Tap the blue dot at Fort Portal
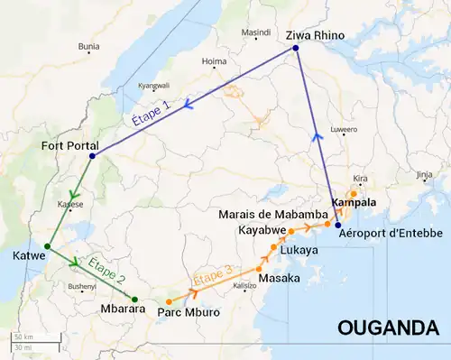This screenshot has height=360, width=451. tap(91, 158)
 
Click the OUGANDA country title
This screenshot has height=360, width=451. tap(385, 328)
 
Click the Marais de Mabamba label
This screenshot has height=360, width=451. tap(272, 215)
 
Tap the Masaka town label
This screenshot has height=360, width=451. tap(278, 279)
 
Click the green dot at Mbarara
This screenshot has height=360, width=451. tap(134, 300)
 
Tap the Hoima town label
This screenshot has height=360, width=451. tap(214, 62)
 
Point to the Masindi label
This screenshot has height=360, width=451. tap(256, 32)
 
